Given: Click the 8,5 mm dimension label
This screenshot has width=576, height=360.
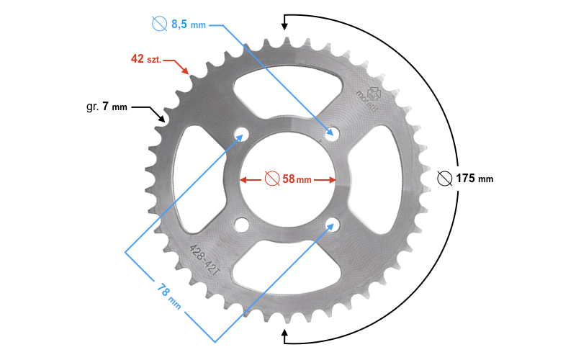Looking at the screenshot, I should [188, 24].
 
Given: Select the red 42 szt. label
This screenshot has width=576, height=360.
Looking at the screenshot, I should [146, 58].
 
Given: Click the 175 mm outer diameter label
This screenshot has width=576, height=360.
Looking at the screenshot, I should [475, 179].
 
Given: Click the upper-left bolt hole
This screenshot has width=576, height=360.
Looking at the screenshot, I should [241, 135].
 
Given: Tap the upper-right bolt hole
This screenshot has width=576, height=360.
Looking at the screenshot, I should [332, 133].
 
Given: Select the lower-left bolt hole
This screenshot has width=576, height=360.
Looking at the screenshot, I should [241, 225].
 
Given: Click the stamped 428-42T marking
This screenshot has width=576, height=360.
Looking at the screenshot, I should [204, 257].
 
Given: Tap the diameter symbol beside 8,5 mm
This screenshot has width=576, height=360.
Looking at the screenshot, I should [160, 24].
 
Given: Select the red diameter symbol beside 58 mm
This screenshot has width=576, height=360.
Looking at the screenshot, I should [271, 179].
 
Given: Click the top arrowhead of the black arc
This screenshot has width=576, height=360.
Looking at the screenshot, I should [285, 25].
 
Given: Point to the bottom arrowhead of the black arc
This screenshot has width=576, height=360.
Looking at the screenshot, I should [286, 334].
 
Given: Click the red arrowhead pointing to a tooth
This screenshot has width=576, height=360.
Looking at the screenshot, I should [186, 71].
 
